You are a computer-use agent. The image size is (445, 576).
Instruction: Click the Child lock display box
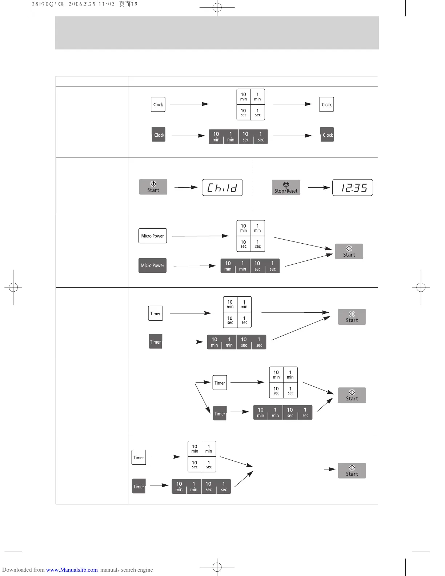(222, 188)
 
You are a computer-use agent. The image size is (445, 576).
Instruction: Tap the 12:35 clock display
(352, 188)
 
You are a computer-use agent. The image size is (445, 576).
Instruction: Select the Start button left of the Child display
(153, 187)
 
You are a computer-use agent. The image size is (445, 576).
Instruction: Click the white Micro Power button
(153, 236)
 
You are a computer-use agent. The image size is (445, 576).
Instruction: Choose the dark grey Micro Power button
(152, 265)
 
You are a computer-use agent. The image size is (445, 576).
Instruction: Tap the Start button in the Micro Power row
(349, 251)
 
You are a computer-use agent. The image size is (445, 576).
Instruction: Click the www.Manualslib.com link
(72, 570)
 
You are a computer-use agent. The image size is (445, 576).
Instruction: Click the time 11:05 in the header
(107, 4)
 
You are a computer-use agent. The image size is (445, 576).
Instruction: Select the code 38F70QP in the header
(44, 4)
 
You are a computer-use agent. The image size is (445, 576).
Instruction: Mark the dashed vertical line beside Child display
(252, 185)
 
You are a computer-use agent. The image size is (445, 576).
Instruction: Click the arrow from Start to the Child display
(186, 187)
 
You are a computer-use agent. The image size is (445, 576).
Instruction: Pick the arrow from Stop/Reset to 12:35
(319, 188)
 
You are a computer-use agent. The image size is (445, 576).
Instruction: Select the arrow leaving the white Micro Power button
(200, 236)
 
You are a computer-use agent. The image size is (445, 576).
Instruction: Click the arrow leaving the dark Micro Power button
(195, 266)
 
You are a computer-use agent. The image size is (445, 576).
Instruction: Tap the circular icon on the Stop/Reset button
(286, 185)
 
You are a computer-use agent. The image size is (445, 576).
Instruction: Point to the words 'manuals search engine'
(127, 570)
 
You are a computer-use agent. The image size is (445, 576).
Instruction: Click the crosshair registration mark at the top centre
(217, 7)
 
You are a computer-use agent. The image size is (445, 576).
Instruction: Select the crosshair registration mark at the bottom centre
(217, 567)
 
